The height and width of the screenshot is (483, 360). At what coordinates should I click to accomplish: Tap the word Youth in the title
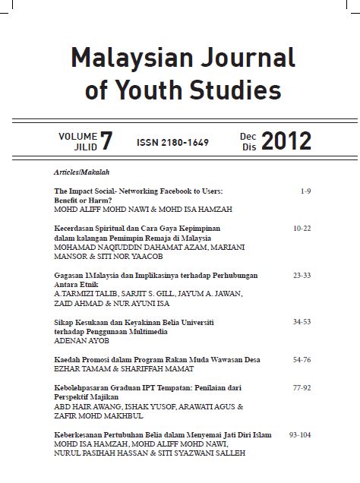click(166, 92)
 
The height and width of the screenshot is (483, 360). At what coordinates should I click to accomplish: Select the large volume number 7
click(106, 140)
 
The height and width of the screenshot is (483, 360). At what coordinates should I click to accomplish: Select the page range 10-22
click(302, 227)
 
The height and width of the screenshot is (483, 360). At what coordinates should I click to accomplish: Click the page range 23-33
click(302, 277)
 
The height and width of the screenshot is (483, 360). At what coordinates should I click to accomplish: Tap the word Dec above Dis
click(248, 135)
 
